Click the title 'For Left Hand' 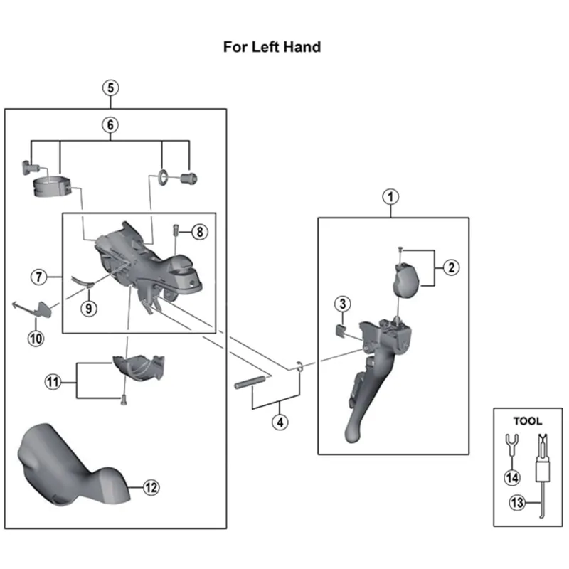(x=272, y=48)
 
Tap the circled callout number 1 (x=390, y=196)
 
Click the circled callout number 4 (x=280, y=421)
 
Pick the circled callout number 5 (x=110, y=88)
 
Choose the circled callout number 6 (x=110, y=125)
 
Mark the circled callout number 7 (x=39, y=275)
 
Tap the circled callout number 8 (x=199, y=232)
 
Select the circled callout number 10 (x=36, y=339)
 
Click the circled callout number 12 (x=150, y=487)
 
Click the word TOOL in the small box (x=527, y=421)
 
